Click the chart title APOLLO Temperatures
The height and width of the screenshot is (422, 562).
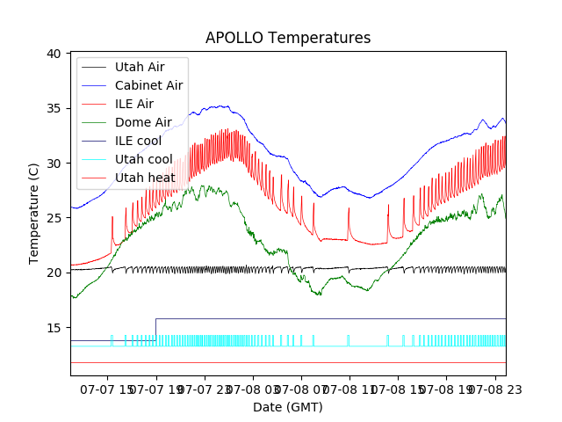click(288, 38)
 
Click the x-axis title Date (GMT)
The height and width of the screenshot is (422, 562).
click(288, 407)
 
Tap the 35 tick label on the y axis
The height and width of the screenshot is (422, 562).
click(54, 108)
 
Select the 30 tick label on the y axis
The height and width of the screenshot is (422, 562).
click(54, 164)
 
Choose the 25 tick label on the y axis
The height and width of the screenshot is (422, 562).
click(54, 218)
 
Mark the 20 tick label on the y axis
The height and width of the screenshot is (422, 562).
click(54, 273)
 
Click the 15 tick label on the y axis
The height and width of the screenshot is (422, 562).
click(54, 328)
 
